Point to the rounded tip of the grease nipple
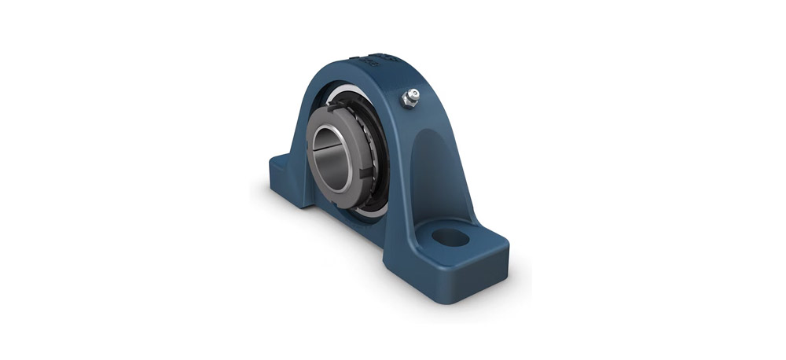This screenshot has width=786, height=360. tap(413, 94)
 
